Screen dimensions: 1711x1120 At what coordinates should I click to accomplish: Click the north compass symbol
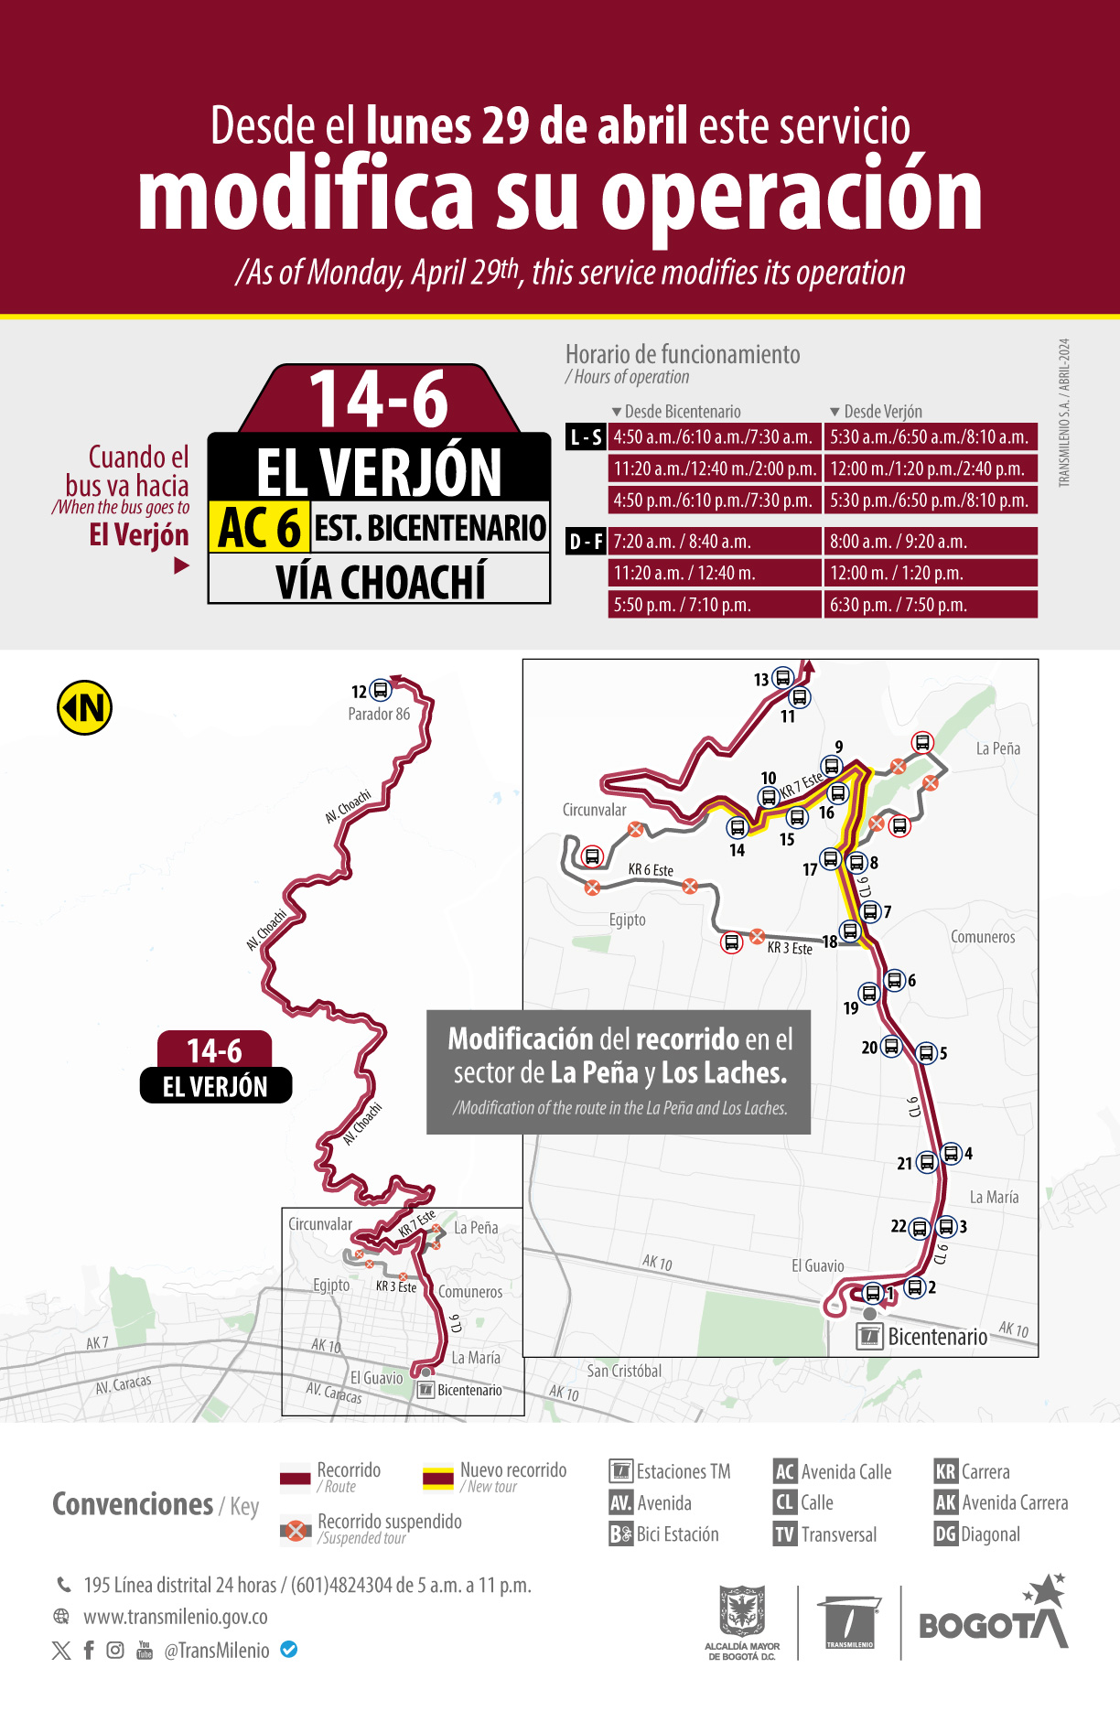click(85, 707)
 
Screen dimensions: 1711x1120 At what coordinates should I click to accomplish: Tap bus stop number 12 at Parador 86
click(381, 690)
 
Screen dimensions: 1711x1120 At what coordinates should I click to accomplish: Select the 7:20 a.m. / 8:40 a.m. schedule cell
click(714, 542)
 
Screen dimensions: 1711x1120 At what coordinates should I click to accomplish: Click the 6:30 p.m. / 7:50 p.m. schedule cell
click(931, 605)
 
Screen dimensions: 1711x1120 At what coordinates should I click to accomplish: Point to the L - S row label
click(586, 437)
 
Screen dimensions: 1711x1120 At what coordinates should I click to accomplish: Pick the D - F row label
click(586, 542)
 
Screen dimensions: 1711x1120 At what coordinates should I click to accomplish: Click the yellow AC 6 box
click(260, 527)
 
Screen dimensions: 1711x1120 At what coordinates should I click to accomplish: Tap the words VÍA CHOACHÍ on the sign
click(380, 582)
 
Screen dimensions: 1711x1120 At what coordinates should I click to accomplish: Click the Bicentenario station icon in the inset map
click(868, 1336)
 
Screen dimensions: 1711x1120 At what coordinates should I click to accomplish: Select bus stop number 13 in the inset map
click(782, 678)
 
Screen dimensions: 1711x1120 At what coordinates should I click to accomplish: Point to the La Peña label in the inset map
click(997, 748)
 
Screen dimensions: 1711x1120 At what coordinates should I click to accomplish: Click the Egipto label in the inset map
click(628, 920)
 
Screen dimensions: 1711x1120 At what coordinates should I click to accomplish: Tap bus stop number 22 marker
click(920, 1228)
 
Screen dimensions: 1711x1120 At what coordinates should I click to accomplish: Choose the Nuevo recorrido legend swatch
click(438, 1478)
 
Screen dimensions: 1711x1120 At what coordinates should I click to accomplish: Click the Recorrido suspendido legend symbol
click(296, 1530)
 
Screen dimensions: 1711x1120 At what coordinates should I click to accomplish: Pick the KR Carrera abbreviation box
click(945, 1471)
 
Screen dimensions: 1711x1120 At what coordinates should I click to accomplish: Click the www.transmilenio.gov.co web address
click(176, 1617)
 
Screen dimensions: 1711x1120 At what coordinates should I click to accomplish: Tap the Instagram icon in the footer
click(115, 1650)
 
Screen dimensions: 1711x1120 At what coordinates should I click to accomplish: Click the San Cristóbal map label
click(624, 1371)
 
